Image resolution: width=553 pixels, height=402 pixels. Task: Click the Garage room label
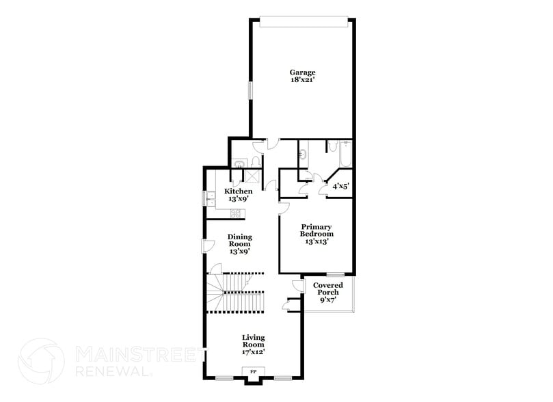pyautogui.click(x=302, y=72)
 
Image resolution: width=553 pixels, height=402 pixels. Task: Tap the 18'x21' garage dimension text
pyautogui.click(x=302, y=80)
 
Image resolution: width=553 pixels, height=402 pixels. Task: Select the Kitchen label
pyautogui.click(x=239, y=191)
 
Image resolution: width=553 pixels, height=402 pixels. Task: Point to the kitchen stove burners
pyautogui.click(x=237, y=213)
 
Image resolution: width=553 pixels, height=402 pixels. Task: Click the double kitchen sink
pyautogui.click(x=210, y=199)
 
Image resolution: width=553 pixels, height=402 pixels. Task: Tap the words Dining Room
pyautogui.click(x=239, y=241)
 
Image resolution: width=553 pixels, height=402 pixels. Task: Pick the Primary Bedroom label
pyautogui.click(x=316, y=230)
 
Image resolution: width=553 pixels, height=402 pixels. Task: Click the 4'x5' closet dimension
pyautogui.click(x=340, y=186)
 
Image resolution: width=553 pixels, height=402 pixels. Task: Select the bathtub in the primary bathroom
pyautogui.click(x=345, y=155)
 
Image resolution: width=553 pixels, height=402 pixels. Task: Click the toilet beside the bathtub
pyautogui.click(x=331, y=148)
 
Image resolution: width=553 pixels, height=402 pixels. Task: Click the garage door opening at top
pyautogui.click(x=302, y=23)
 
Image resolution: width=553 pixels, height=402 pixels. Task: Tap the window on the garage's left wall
pyautogui.click(x=249, y=92)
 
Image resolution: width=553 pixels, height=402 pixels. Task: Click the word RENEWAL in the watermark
pyautogui.click(x=111, y=372)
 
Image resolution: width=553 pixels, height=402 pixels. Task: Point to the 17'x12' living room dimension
pyautogui.click(x=254, y=352)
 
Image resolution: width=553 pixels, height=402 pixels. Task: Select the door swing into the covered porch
pyautogui.click(x=297, y=285)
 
